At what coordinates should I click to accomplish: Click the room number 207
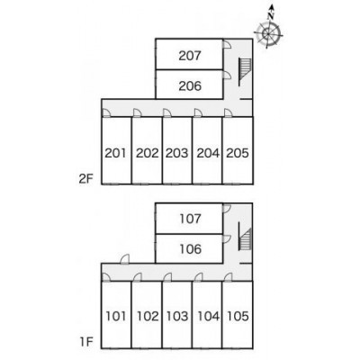190,56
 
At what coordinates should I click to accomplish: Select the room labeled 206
190,86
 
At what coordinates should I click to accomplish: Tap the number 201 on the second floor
116,153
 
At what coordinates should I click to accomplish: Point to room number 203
177,153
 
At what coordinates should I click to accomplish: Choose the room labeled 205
238,153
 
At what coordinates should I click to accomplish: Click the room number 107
190,219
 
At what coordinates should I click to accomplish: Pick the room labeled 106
190,249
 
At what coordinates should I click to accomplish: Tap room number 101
116,316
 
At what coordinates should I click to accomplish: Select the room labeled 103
177,316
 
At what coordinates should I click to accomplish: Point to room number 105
238,316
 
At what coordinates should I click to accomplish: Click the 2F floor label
86,179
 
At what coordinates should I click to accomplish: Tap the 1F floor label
86,342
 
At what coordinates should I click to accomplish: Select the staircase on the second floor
245,72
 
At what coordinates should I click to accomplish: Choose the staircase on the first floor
245,237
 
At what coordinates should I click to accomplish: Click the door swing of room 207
227,44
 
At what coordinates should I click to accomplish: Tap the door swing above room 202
138,112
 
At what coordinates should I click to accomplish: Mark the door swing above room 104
198,277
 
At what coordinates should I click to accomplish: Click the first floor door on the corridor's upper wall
125,259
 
